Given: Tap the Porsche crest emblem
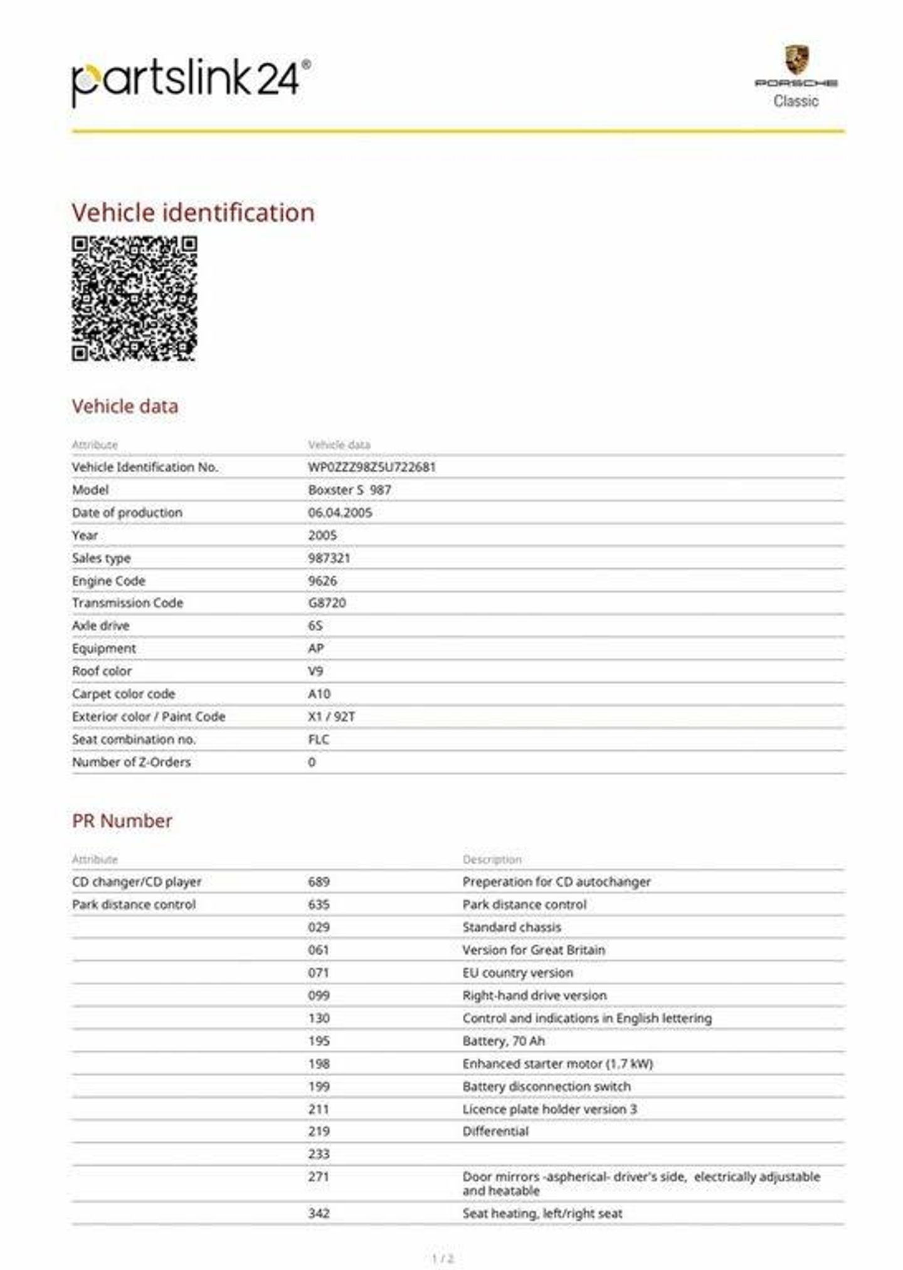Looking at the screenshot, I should [796, 60].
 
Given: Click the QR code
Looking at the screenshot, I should [134, 299].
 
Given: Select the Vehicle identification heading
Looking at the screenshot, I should [193, 213].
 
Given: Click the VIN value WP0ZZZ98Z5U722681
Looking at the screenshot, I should [372, 467].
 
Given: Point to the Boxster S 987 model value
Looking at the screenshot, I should [349, 490].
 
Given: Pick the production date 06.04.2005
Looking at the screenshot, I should [340, 512].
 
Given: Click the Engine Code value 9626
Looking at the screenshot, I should [322, 581].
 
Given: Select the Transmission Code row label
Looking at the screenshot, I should [127, 603].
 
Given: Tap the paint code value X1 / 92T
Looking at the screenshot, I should [331, 716].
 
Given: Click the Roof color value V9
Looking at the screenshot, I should [315, 671].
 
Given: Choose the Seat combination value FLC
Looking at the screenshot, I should [319, 739].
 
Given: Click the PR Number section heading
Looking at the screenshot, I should [122, 821].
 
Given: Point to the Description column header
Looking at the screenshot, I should [492, 859].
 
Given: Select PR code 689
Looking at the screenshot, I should [319, 882].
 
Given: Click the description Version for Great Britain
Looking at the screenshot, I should [534, 950].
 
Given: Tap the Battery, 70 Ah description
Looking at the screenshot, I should [504, 1041].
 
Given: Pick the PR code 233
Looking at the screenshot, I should [319, 1154].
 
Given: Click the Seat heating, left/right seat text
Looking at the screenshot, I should [542, 1214].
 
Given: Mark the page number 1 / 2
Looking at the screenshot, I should [443, 1258].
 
